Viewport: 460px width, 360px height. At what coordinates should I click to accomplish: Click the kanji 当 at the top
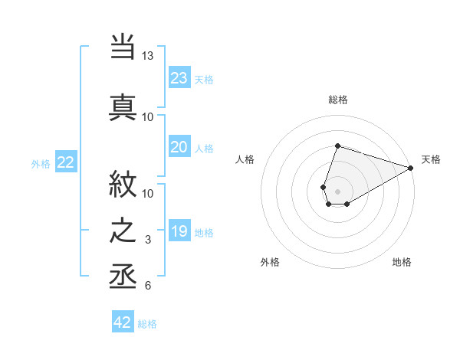click(123, 46)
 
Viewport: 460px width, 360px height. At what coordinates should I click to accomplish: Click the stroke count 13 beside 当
click(148, 56)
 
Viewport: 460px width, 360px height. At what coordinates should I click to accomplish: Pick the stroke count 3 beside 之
click(148, 241)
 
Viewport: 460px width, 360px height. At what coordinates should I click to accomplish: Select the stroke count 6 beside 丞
click(148, 286)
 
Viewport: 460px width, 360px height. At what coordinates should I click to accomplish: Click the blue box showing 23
click(179, 78)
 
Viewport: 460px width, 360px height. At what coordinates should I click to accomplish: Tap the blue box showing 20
click(179, 147)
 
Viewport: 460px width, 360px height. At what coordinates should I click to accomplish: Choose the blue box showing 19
click(179, 231)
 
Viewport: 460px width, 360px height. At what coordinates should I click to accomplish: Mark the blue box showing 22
click(66, 162)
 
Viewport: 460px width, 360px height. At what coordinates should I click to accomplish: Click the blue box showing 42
click(123, 322)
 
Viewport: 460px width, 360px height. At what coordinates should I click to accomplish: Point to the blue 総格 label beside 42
click(147, 324)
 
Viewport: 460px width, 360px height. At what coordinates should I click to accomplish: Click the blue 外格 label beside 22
click(41, 163)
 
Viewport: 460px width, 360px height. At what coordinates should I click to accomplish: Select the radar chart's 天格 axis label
click(431, 159)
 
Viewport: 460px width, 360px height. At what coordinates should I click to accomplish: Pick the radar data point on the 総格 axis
click(337, 146)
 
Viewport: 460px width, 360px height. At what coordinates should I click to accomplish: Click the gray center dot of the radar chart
click(337, 190)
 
